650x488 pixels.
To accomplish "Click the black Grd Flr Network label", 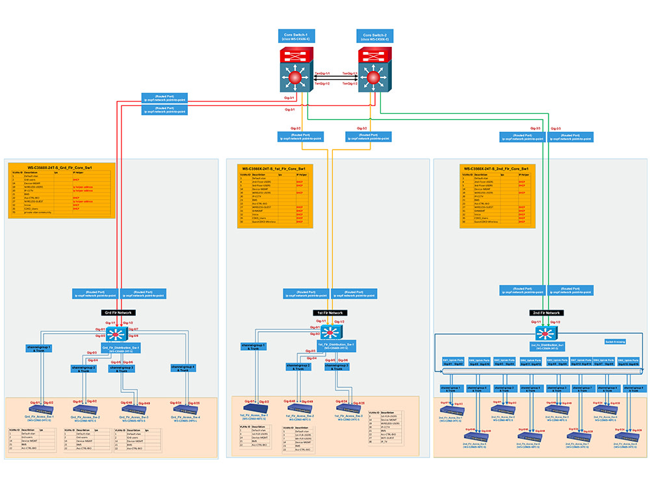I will coord(118,313).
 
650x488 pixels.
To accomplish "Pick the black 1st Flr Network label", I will coord(330,313).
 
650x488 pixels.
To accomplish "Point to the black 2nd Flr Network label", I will coord(546,313).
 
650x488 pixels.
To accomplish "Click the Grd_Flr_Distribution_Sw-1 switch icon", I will coord(118,334).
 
